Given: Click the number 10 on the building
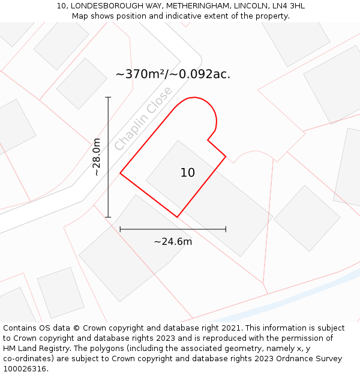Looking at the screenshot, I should pos(187,173).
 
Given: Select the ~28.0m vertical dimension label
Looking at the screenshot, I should pos(97,157).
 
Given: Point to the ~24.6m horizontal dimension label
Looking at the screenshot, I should pos(173,242).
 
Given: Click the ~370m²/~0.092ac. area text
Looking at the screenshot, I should pos(173,74).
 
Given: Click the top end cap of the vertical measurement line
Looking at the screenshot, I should pos(108,97).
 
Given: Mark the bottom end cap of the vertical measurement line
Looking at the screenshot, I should pos(108,217).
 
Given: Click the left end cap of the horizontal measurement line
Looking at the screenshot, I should pos(121,229).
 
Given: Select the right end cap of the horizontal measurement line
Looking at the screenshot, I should pos(226,229).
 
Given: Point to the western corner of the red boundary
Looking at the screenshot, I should pos(121,173).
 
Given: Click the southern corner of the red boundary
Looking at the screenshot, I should pos(177,217).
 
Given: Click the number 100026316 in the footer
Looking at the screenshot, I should pos(24,369).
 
